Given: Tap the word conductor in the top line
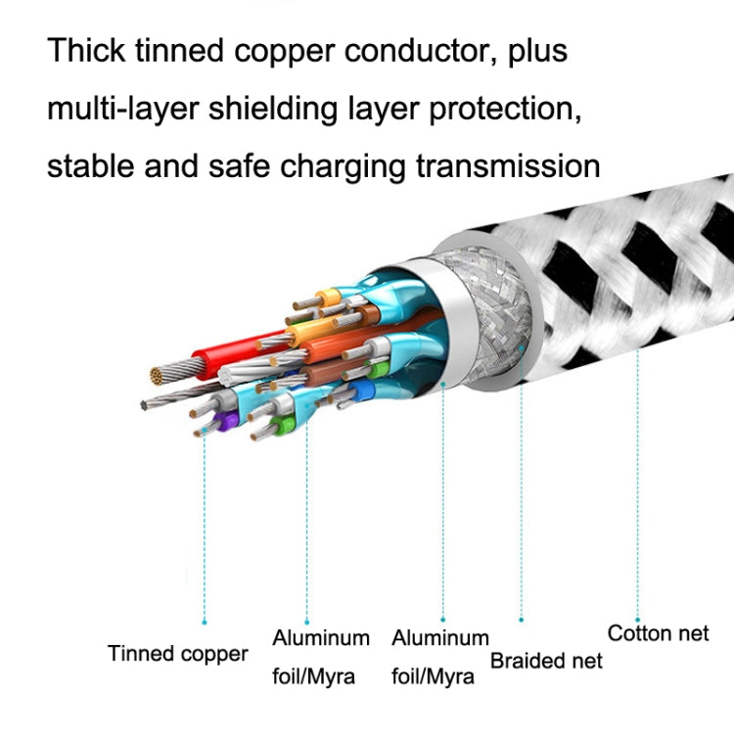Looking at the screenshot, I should (419, 51).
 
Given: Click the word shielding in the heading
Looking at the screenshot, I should (285, 109).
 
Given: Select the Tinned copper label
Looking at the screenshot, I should (178, 654).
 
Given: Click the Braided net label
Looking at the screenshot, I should (546, 660).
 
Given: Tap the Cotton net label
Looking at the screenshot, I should (658, 633).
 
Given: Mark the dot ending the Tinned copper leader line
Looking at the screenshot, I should (205, 620).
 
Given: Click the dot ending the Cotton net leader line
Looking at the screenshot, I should (637, 607).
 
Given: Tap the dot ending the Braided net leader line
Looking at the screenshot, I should (521, 619).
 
